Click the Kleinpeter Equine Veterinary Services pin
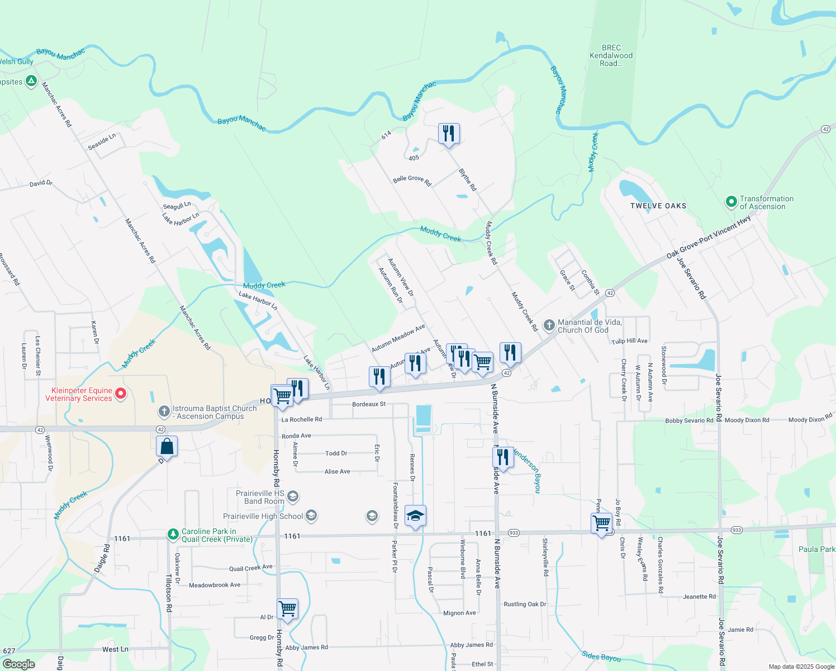(x=120, y=394)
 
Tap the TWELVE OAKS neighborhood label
(x=658, y=206)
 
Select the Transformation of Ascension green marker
(x=731, y=202)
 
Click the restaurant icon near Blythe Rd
(x=449, y=134)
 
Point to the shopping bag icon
(x=167, y=447)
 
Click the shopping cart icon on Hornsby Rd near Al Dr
(x=287, y=608)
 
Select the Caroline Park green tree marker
(x=173, y=535)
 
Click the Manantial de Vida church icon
(x=549, y=325)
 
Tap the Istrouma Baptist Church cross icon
(x=164, y=412)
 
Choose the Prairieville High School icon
(x=311, y=516)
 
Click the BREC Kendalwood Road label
(x=611, y=56)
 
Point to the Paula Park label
(x=816, y=549)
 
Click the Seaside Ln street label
(x=102, y=142)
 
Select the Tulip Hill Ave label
(x=629, y=341)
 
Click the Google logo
(x=19, y=664)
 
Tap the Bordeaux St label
(x=369, y=404)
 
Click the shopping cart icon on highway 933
(x=601, y=523)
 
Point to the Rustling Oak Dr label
(x=525, y=604)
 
